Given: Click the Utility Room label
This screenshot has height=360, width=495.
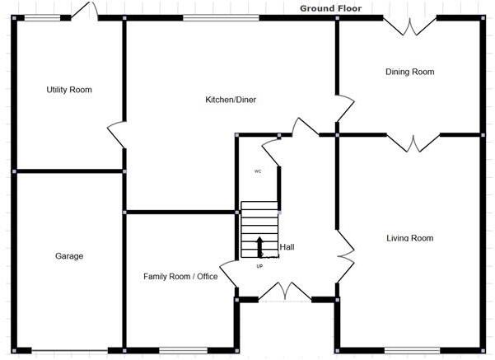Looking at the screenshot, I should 69,90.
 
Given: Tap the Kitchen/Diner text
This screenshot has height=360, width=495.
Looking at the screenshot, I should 231,101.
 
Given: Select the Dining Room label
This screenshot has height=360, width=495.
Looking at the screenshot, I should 409,72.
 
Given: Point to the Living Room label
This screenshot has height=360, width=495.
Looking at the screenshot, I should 409,239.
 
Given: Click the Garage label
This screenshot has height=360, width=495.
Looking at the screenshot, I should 69,256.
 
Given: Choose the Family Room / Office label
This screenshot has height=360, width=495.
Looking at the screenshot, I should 180,277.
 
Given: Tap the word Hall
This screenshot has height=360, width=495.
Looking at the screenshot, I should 287,247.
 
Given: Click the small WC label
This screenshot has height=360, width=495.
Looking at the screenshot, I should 258,171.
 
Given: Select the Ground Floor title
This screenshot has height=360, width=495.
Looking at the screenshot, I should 330,8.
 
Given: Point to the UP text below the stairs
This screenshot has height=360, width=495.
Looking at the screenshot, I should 260,266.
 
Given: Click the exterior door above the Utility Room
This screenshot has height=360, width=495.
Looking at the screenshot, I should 86,10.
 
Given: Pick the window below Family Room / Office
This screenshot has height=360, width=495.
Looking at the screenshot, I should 182,350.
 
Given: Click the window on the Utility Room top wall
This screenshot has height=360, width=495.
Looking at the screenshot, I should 35,17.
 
